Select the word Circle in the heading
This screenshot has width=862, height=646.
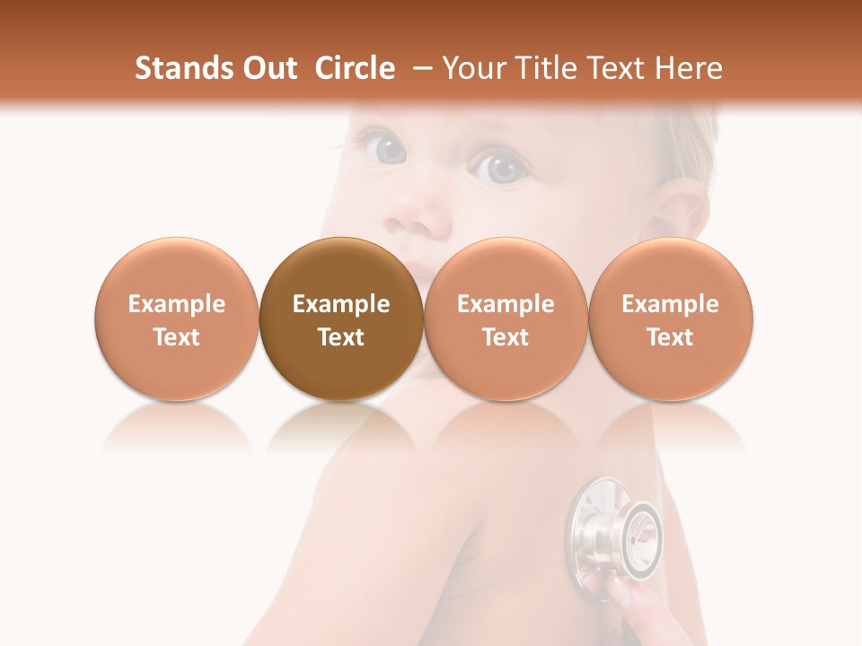355,68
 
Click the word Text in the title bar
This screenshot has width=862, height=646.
615,68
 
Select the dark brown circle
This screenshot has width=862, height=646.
340,319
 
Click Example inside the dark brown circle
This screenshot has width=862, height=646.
340,304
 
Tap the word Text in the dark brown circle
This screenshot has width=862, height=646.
340,337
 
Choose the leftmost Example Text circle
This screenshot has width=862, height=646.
176,319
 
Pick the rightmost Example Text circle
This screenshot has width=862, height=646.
670,319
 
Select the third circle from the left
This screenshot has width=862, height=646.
506,319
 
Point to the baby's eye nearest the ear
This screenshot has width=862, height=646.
497,167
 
